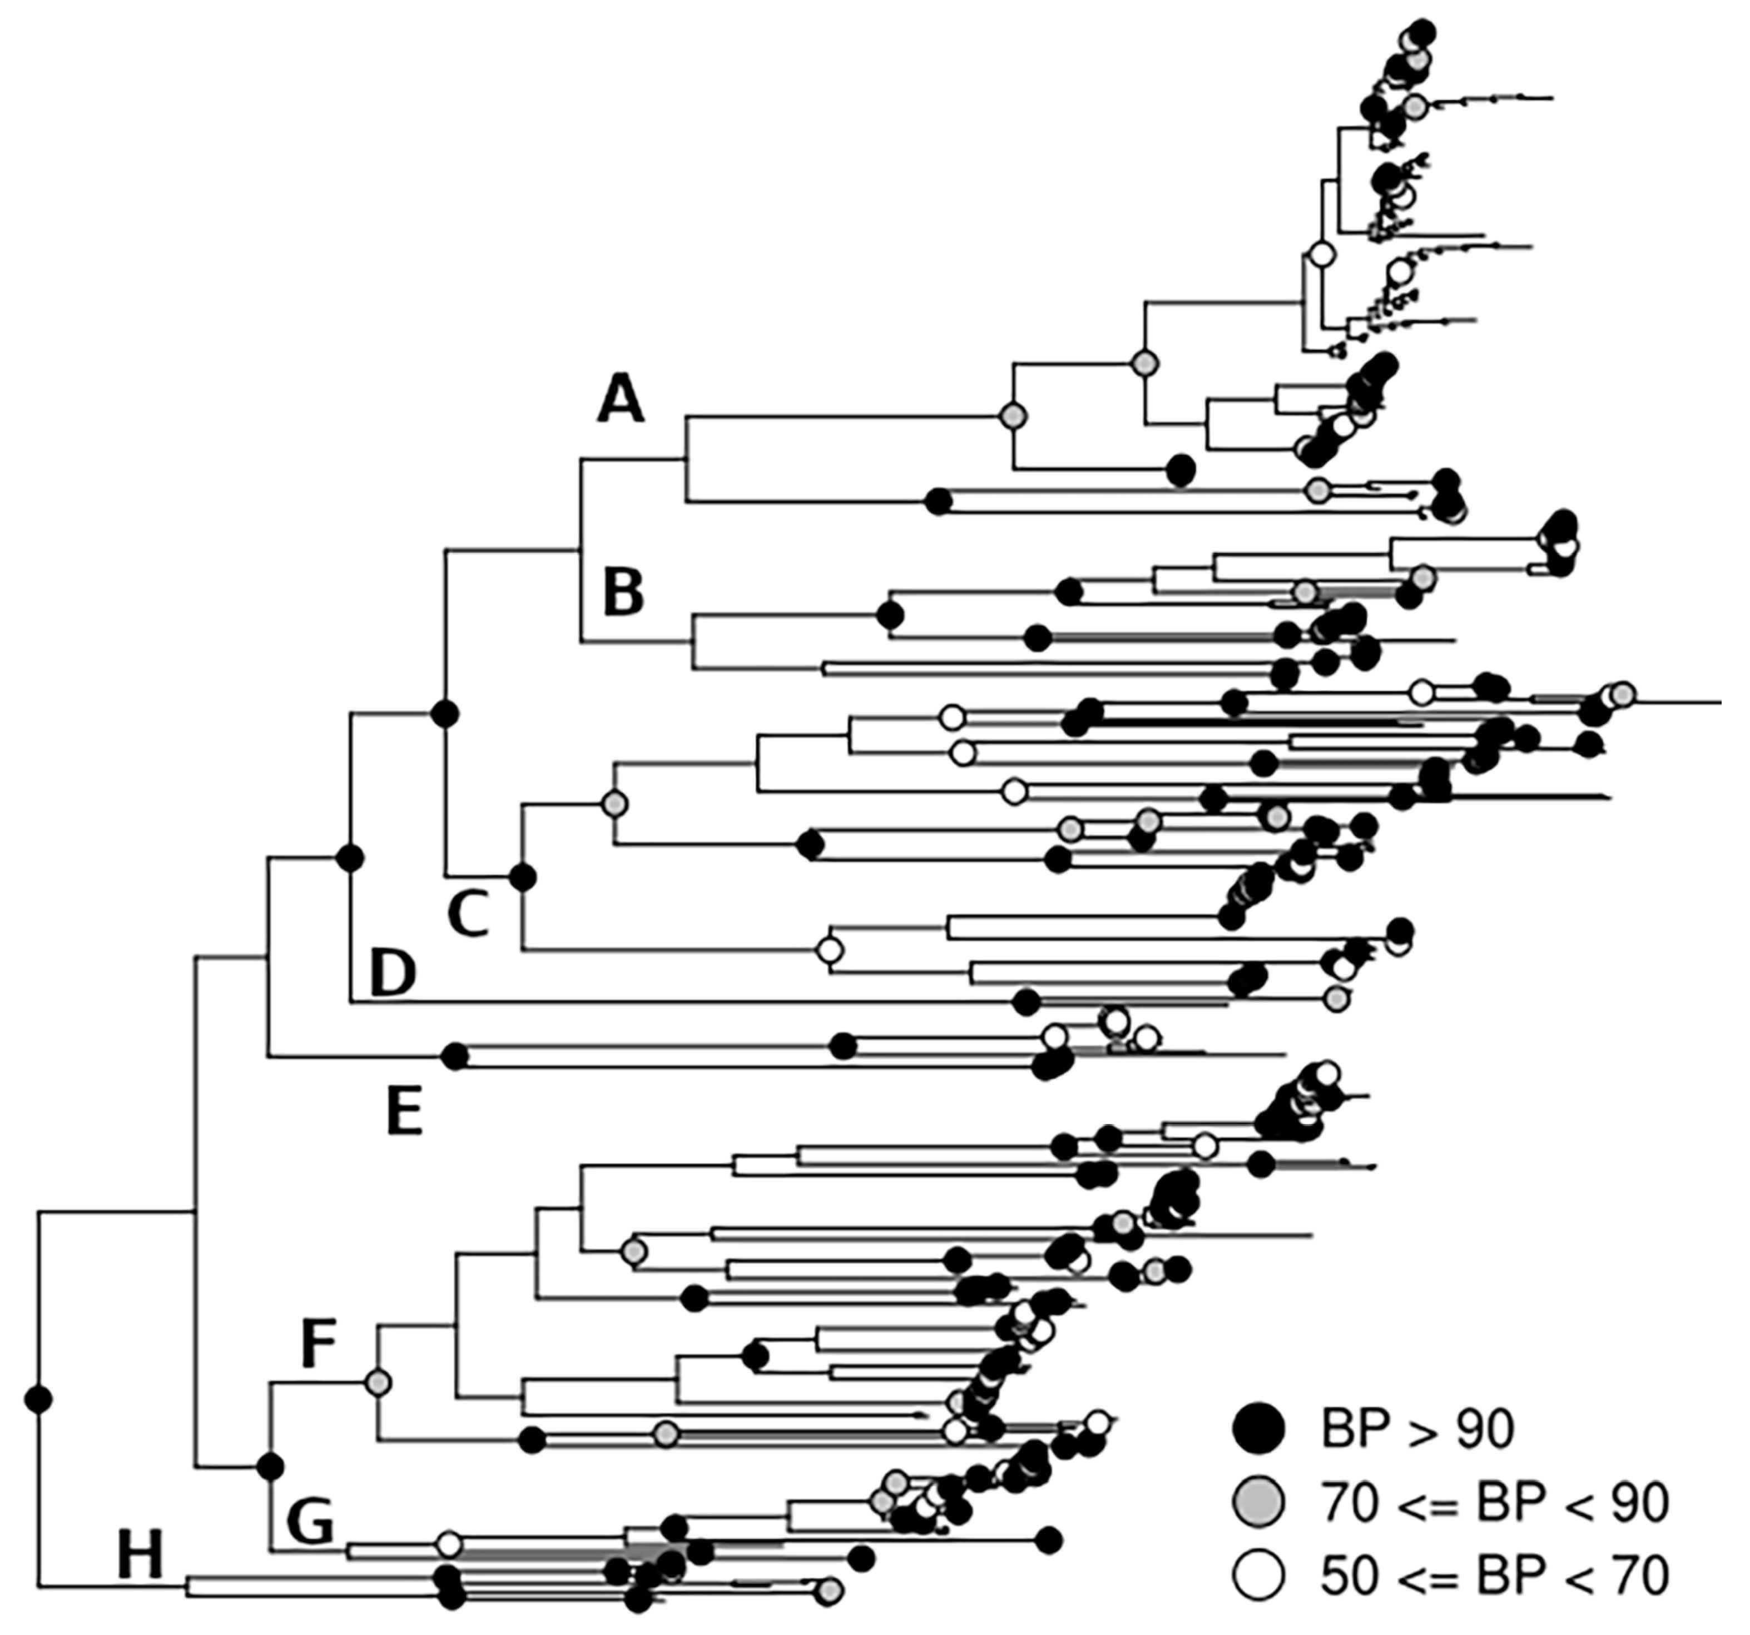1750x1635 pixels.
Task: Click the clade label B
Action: click(623, 592)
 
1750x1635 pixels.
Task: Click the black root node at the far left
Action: click(38, 1398)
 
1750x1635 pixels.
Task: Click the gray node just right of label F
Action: click(378, 1383)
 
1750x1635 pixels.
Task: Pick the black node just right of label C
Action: click(523, 878)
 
